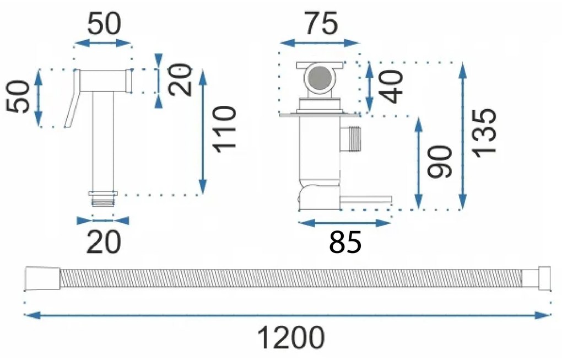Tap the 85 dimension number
[x=345, y=243]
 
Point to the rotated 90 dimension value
[x=441, y=162]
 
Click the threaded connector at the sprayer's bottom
[x=104, y=198]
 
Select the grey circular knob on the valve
[x=319, y=79]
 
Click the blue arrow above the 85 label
[x=344, y=223]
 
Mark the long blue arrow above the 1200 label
[x=287, y=315]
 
